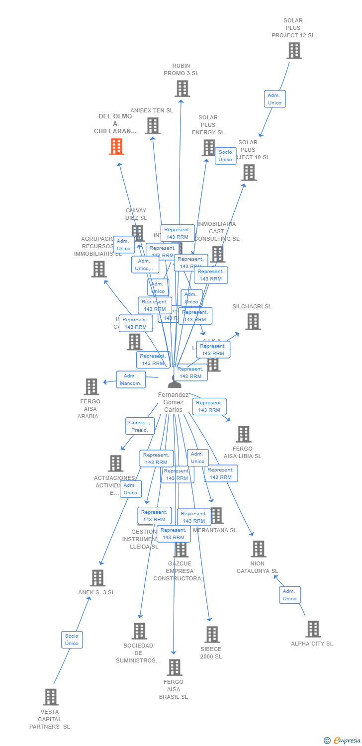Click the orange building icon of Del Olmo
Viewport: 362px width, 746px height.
pos(116,147)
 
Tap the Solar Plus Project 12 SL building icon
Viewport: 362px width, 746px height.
pos(294,50)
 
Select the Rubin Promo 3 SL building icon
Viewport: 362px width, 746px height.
pos(182,89)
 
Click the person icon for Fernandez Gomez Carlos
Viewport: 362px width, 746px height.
pos(175,381)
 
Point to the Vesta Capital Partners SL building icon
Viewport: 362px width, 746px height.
pos(50,697)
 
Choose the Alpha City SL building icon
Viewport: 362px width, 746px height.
pos(313,629)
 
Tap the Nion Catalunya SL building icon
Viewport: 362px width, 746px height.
pos(258,549)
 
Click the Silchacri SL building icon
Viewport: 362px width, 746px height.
pos(253,321)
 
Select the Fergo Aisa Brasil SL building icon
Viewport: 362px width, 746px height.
pos(174,667)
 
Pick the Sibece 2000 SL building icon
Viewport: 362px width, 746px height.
pos(212,634)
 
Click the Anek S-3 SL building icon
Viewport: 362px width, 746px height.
pos(97,578)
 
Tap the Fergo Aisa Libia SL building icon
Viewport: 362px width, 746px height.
pos(243,434)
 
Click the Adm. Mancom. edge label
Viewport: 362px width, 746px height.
pos(131,379)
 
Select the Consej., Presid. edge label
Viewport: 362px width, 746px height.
pos(140,426)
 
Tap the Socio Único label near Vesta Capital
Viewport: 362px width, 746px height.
pos(72,640)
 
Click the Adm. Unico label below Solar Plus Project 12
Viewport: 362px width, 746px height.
pos(274,99)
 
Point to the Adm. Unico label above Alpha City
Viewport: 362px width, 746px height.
pos(289,595)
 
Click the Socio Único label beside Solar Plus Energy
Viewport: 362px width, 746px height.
pos(225,156)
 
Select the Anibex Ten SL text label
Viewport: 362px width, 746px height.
pos(152,110)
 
